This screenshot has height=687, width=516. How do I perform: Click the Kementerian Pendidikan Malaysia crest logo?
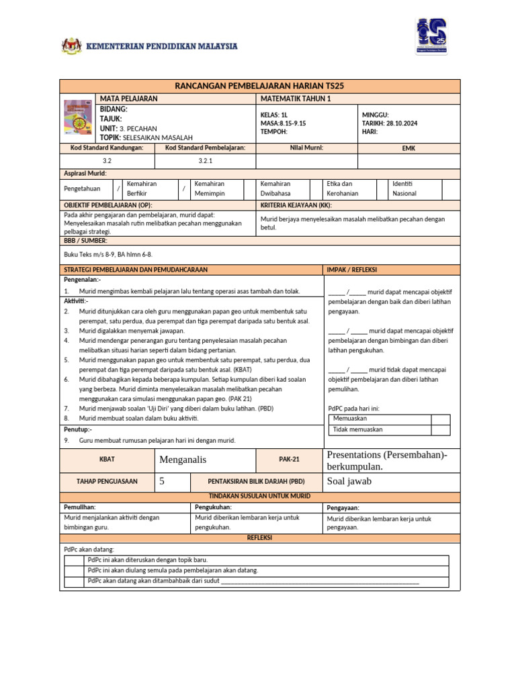coord(71,46)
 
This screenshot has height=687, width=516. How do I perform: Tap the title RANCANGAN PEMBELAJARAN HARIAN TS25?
coord(259,87)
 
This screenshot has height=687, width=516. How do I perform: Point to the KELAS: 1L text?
coord(273,115)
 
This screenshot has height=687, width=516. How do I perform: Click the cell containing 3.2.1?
coord(206,161)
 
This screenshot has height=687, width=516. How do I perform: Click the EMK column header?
coord(408,148)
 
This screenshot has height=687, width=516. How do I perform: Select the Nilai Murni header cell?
coord(307,148)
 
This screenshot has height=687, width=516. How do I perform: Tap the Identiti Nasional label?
coord(404,189)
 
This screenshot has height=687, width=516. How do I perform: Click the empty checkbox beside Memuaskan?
coord(440,419)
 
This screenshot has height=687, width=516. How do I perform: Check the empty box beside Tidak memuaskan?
coord(440,429)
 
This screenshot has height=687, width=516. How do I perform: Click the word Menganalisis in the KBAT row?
coord(183,460)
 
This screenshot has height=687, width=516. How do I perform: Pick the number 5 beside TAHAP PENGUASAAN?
coord(161,481)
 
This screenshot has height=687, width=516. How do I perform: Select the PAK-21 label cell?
coord(289,460)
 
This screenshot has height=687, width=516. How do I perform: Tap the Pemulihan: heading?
coord(80,507)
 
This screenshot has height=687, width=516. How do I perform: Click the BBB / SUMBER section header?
coord(85,240)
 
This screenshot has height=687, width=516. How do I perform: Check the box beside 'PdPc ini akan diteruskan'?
coord(75,560)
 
